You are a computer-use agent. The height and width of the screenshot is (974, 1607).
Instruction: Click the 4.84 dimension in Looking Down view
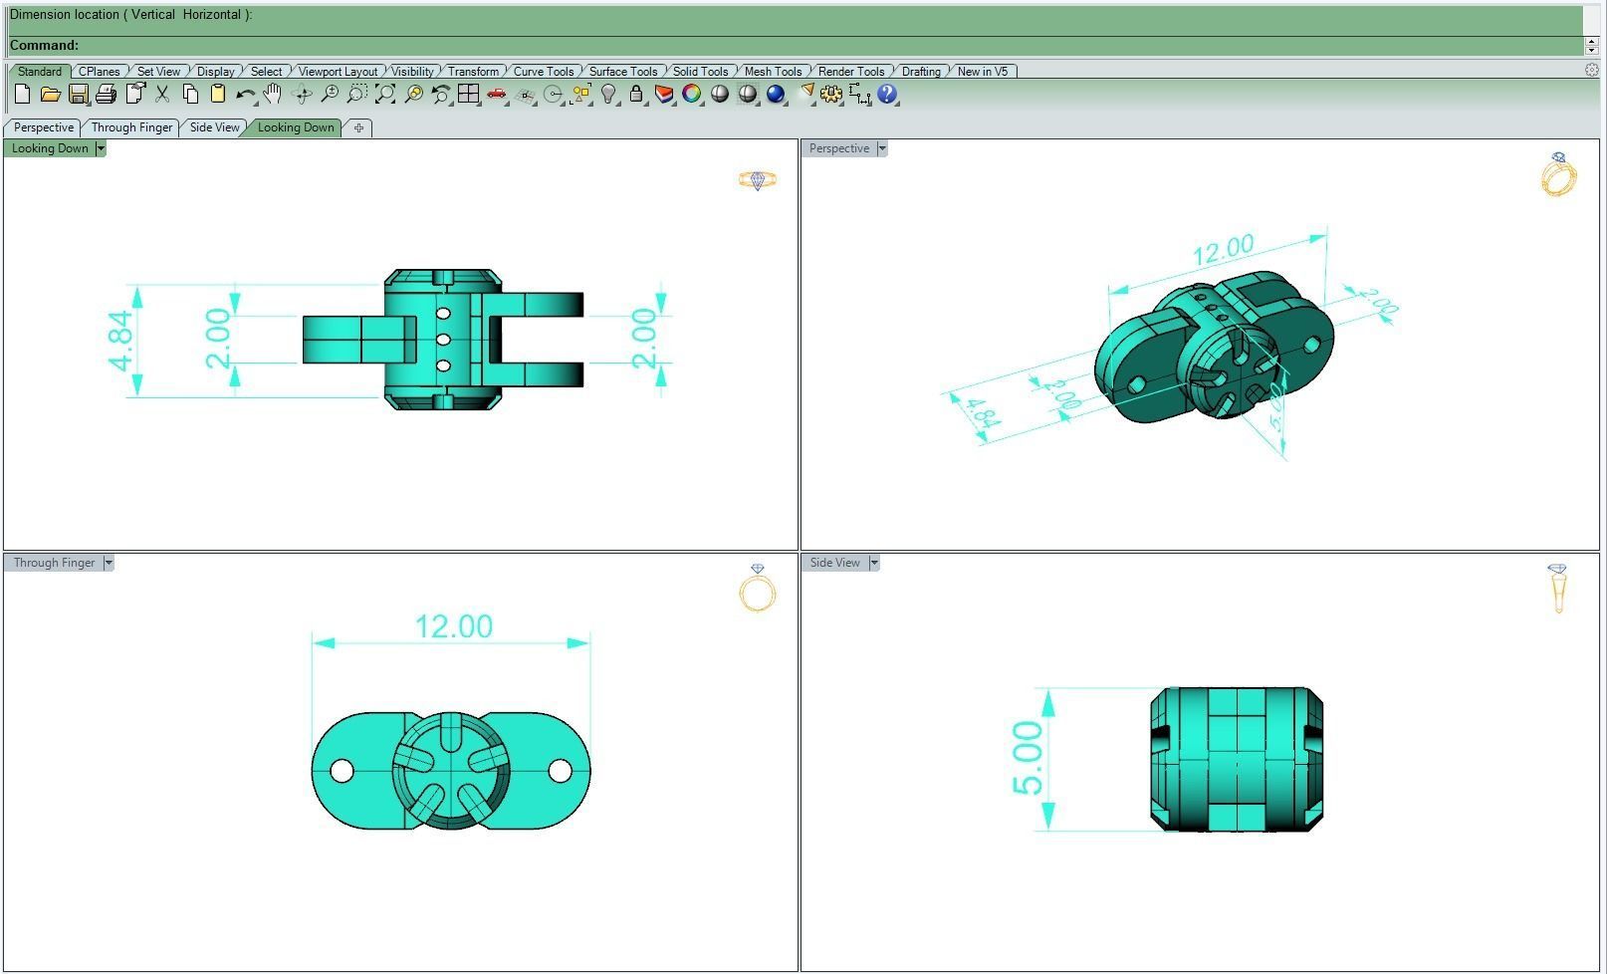(120, 341)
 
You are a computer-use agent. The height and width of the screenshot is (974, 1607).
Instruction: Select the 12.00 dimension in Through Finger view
(453, 626)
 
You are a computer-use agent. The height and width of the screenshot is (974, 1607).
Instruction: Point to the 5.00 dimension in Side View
(1028, 758)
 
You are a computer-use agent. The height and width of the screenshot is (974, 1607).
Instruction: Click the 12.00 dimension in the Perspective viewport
(1223, 250)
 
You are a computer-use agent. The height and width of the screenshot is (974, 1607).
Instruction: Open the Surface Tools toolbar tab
(622, 72)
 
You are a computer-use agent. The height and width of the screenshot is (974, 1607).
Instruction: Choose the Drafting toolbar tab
(921, 72)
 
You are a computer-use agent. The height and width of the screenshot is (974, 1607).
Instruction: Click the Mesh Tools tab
(773, 72)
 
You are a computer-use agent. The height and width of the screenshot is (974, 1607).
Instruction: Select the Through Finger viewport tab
(131, 127)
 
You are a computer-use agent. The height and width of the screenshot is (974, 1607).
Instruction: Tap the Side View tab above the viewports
(214, 127)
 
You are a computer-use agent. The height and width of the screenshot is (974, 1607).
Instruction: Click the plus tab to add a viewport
(358, 127)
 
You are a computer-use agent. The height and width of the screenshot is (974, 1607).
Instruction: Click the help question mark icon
(887, 95)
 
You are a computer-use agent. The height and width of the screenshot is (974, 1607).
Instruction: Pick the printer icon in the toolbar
(106, 95)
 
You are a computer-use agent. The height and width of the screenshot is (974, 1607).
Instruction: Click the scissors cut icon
(162, 95)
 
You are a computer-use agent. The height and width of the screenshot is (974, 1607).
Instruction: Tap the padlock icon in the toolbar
(636, 95)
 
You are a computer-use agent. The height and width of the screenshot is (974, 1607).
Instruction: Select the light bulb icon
(608, 95)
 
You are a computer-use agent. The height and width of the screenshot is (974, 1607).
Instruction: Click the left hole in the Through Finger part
(341, 771)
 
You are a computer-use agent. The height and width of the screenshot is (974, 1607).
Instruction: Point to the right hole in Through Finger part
(561, 771)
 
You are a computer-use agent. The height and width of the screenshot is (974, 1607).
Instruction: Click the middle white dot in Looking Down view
(443, 340)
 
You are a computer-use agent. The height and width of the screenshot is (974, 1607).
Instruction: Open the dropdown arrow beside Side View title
(874, 563)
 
